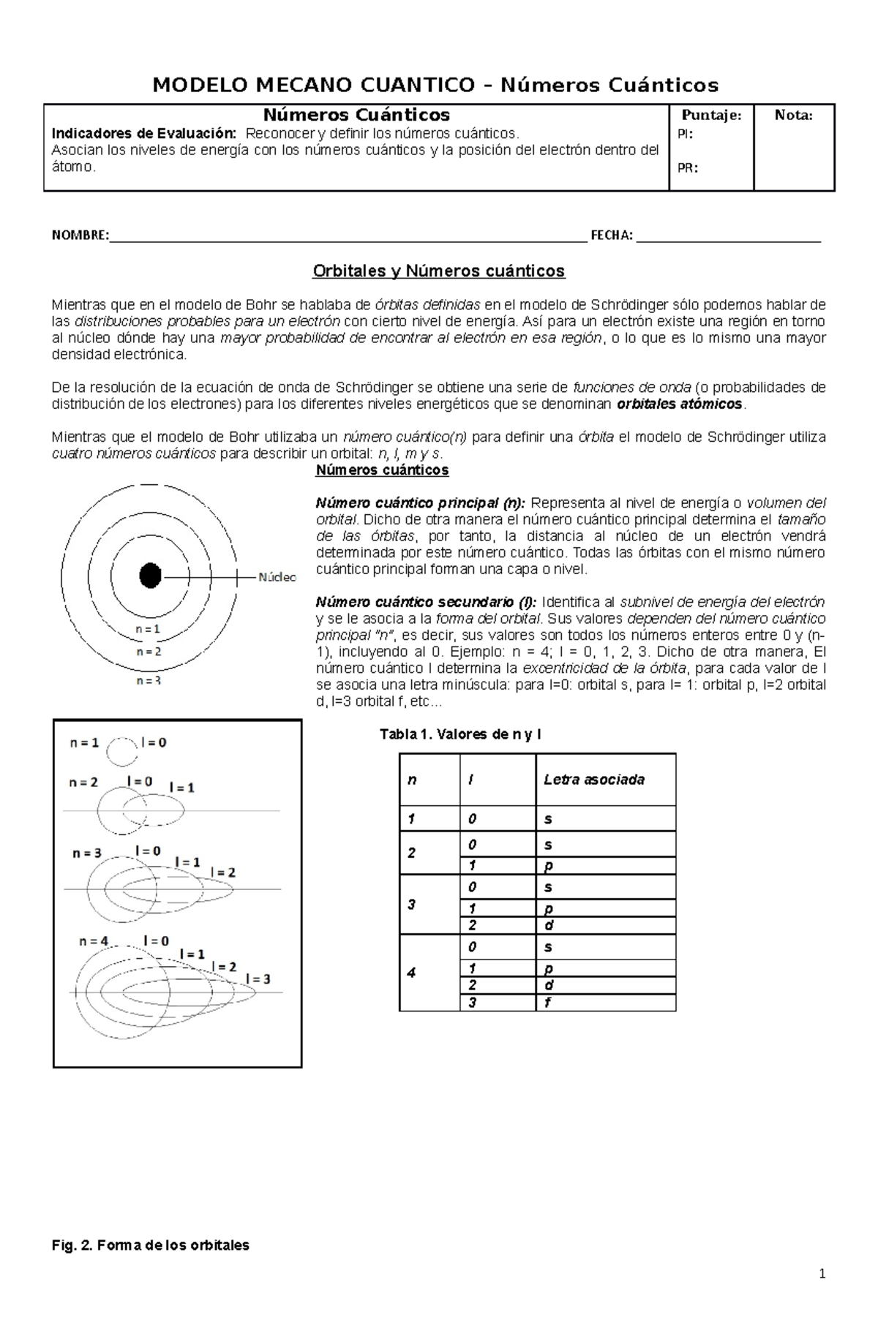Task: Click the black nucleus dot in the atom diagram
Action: [x=150, y=576]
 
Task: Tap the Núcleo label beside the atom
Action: [x=277, y=577]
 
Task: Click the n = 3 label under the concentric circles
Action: [x=149, y=680]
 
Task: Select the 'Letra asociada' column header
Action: [x=593, y=780]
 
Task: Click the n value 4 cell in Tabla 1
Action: [x=411, y=973]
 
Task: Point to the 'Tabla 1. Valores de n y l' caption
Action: [x=459, y=734]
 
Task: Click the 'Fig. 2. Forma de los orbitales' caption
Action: [x=151, y=1245]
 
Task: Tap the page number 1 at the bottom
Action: [x=822, y=1294]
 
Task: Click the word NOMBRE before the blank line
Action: [x=80, y=235]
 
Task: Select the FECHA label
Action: [x=611, y=235]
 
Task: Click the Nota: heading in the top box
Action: [x=794, y=116]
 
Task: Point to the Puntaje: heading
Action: [x=711, y=116]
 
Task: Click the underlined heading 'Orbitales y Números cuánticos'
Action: [x=438, y=271]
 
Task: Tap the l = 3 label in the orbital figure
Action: [x=258, y=979]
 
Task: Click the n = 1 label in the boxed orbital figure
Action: [x=84, y=742]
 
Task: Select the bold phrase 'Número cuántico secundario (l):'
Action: [x=426, y=602]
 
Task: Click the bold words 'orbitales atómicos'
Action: [x=680, y=404]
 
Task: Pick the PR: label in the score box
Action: [x=687, y=167]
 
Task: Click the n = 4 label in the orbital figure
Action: [x=94, y=942]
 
